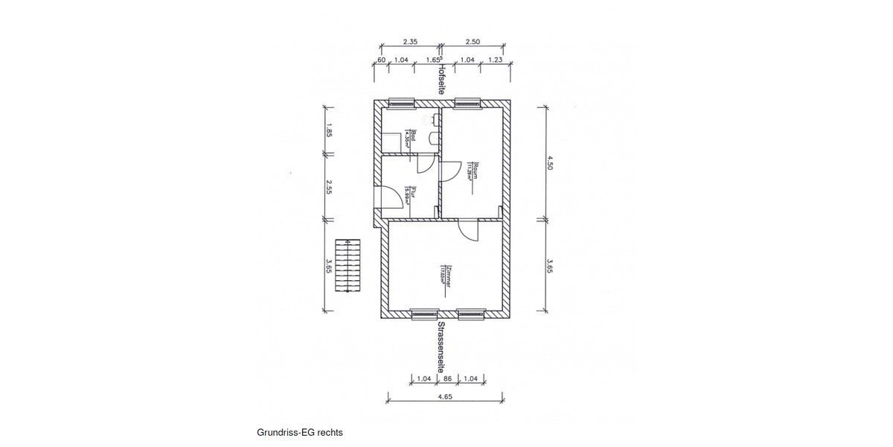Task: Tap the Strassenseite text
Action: pos(441,346)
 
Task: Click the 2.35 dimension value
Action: pos(409,42)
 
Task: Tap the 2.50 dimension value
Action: pos(473,42)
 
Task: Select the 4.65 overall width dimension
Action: pos(444,397)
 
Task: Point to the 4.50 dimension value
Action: pos(550,163)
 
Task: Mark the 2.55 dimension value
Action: pos(328,186)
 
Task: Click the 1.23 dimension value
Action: pos(495,59)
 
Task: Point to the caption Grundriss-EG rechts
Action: pos(300,432)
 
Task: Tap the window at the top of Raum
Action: pos(468,103)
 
